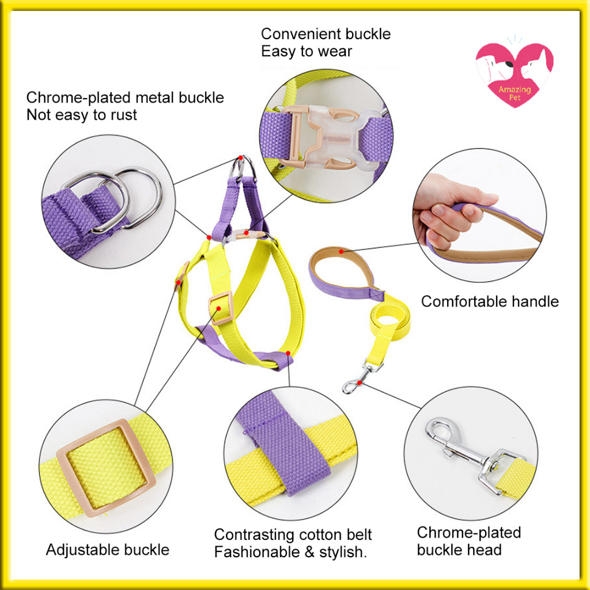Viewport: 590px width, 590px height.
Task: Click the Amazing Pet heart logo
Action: point(515,75)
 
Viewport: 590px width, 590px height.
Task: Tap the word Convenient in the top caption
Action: point(301,34)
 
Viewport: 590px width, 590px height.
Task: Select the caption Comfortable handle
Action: point(490,301)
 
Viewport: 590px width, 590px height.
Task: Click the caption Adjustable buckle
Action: point(108,550)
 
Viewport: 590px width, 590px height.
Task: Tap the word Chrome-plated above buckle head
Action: point(469,532)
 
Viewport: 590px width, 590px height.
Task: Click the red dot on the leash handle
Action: point(341,251)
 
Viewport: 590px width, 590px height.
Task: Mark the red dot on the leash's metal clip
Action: point(360,383)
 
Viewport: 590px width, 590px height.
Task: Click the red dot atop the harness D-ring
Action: point(240,157)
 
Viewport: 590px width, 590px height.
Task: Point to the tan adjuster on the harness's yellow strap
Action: point(221,308)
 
